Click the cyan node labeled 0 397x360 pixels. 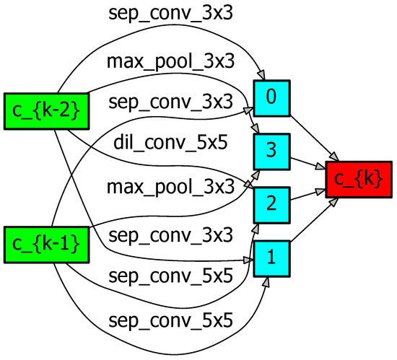271,98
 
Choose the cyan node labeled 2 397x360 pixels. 271,205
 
